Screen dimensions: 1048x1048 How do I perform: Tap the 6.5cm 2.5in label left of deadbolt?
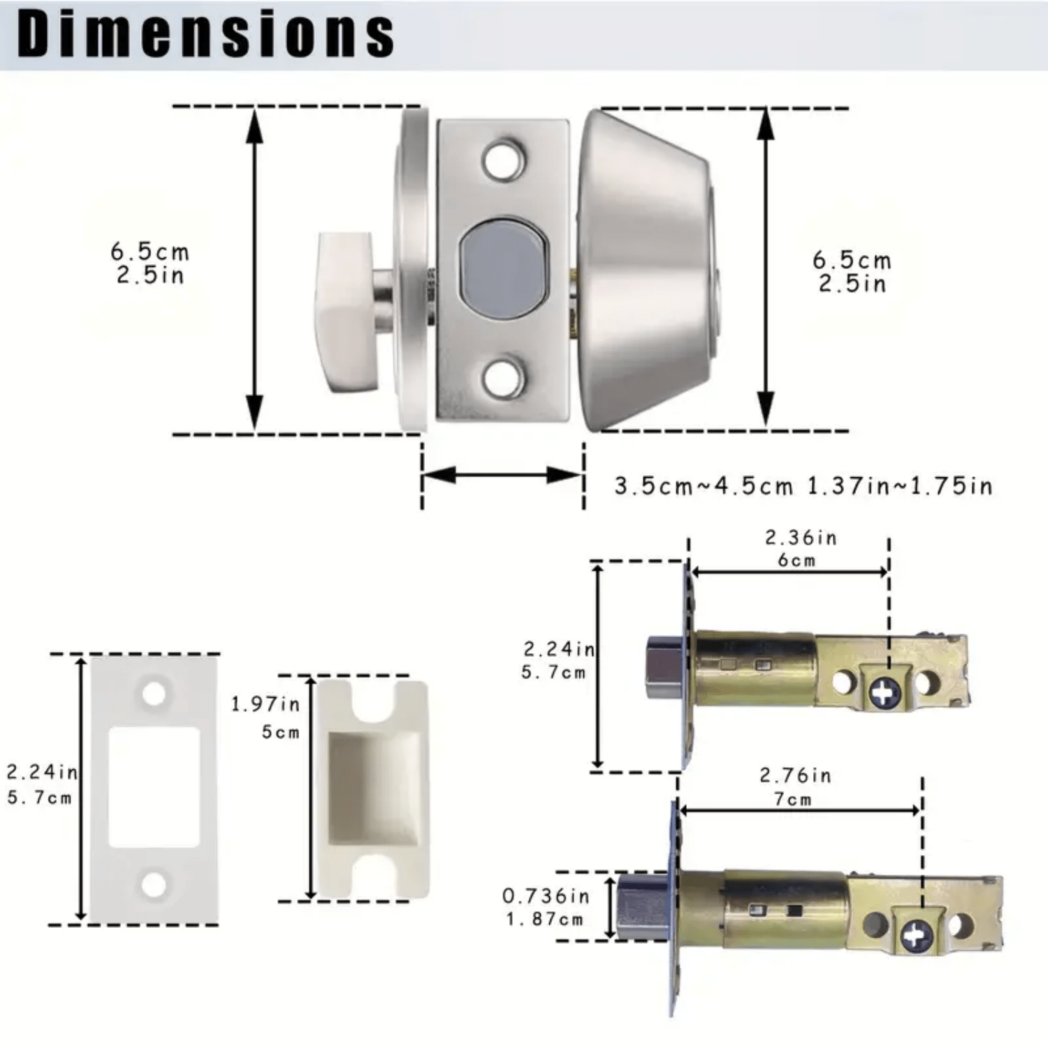(x=150, y=263)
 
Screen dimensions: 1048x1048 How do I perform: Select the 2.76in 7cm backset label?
(x=795, y=787)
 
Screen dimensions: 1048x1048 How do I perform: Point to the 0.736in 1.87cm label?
(x=546, y=907)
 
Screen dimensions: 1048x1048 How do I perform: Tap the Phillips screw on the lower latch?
(x=917, y=933)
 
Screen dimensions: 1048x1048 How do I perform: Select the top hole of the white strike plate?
(x=154, y=694)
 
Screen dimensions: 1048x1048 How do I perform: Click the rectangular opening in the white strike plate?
(x=154, y=787)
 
